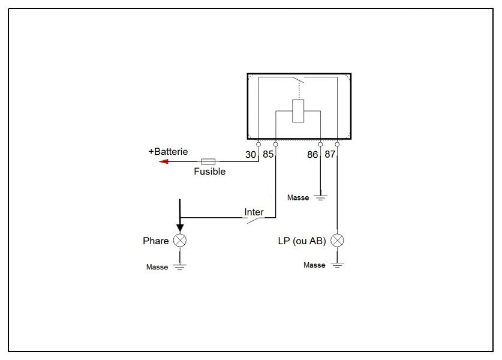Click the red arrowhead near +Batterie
(164, 161)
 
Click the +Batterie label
(168, 151)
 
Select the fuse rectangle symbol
(208, 161)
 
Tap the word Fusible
(210, 172)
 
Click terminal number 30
(251, 155)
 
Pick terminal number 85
(268, 154)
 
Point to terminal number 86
(312, 155)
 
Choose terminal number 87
(330, 154)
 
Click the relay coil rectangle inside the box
(298, 111)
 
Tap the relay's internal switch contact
(297, 79)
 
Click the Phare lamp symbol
(180, 240)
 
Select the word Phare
(155, 241)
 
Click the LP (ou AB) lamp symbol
(337, 240)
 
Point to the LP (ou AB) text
(302, 241)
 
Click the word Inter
(254, 212)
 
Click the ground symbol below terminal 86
(320, 197)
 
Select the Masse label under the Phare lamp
(157, 267)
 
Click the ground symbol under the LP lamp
(337, 265)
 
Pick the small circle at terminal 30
(258, 145)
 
